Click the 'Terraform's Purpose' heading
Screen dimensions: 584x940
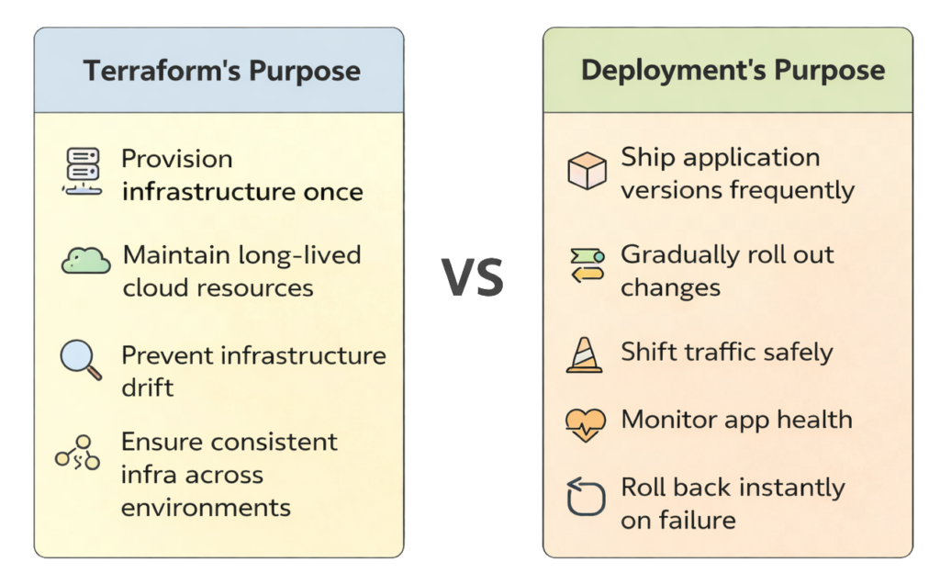pyautogui.click(x=221, y=72)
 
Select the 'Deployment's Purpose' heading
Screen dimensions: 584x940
pyautogui.click(x=733, y=72)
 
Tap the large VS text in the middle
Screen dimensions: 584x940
pyautogui.click(x=472, y=278)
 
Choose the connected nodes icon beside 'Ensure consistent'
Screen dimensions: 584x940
pyautogui.click(x=78, y=453)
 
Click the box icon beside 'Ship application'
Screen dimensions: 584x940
pyautogui.click(x=587, y=172)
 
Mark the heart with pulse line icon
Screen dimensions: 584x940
pyautogui.click(x=586, y=423)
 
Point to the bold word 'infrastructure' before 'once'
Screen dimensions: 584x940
pyautogui.click(x=200, y=192)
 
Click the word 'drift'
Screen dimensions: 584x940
pyautogui.click(x=147, y=387)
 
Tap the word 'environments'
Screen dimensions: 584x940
pyautogui.click(x=206, y=507)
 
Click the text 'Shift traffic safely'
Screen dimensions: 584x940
pyautogui.click(x=727, y=352)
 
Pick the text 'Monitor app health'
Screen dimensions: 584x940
pyautogui.click(x=736, y=420)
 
